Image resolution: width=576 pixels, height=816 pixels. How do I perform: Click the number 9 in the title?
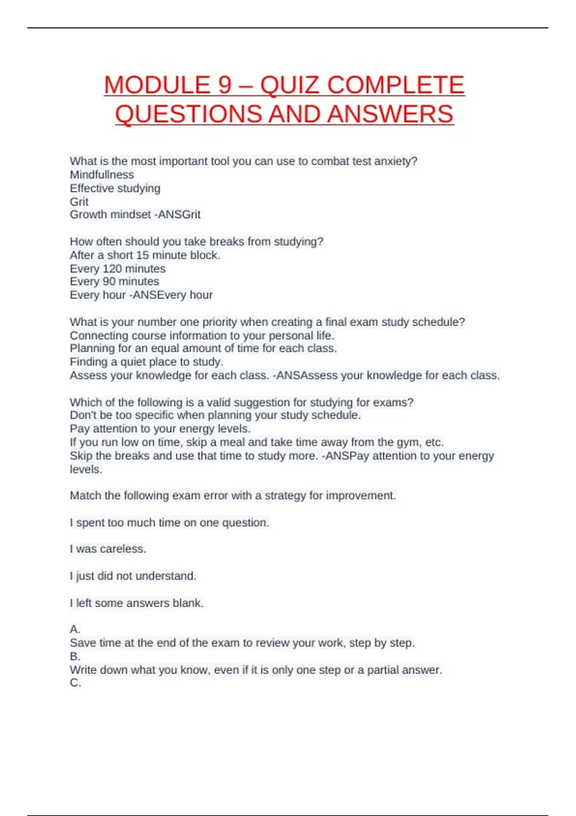(225, 85)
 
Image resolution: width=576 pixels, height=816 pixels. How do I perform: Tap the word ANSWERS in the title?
(390, 114)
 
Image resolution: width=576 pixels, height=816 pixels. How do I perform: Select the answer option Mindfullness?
(102, 175)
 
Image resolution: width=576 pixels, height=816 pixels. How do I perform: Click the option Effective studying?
(115, 188)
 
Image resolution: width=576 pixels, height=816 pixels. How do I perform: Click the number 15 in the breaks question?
(142, 255)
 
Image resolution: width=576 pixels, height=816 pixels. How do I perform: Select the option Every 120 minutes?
(118, 268)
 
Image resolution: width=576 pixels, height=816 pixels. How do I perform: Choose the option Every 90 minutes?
(114, 281)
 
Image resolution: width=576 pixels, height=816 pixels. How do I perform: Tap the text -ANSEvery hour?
(171, 295)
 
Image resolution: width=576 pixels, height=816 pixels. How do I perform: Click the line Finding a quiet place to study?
(146, 361)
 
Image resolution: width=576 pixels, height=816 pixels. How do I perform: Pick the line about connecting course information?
(202, 335)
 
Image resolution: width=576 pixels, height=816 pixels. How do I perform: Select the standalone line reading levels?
(86, 469)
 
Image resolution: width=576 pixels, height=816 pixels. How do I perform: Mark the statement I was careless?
(108, 549)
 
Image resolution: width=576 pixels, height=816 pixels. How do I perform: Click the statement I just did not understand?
(133, 576)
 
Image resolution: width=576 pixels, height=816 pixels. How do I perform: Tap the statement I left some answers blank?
(137, 603)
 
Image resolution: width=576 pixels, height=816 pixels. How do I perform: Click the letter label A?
(75, 629)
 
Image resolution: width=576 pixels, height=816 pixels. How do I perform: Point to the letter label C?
(75, 683)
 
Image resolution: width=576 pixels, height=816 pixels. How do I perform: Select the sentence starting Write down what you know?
(256, 670)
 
